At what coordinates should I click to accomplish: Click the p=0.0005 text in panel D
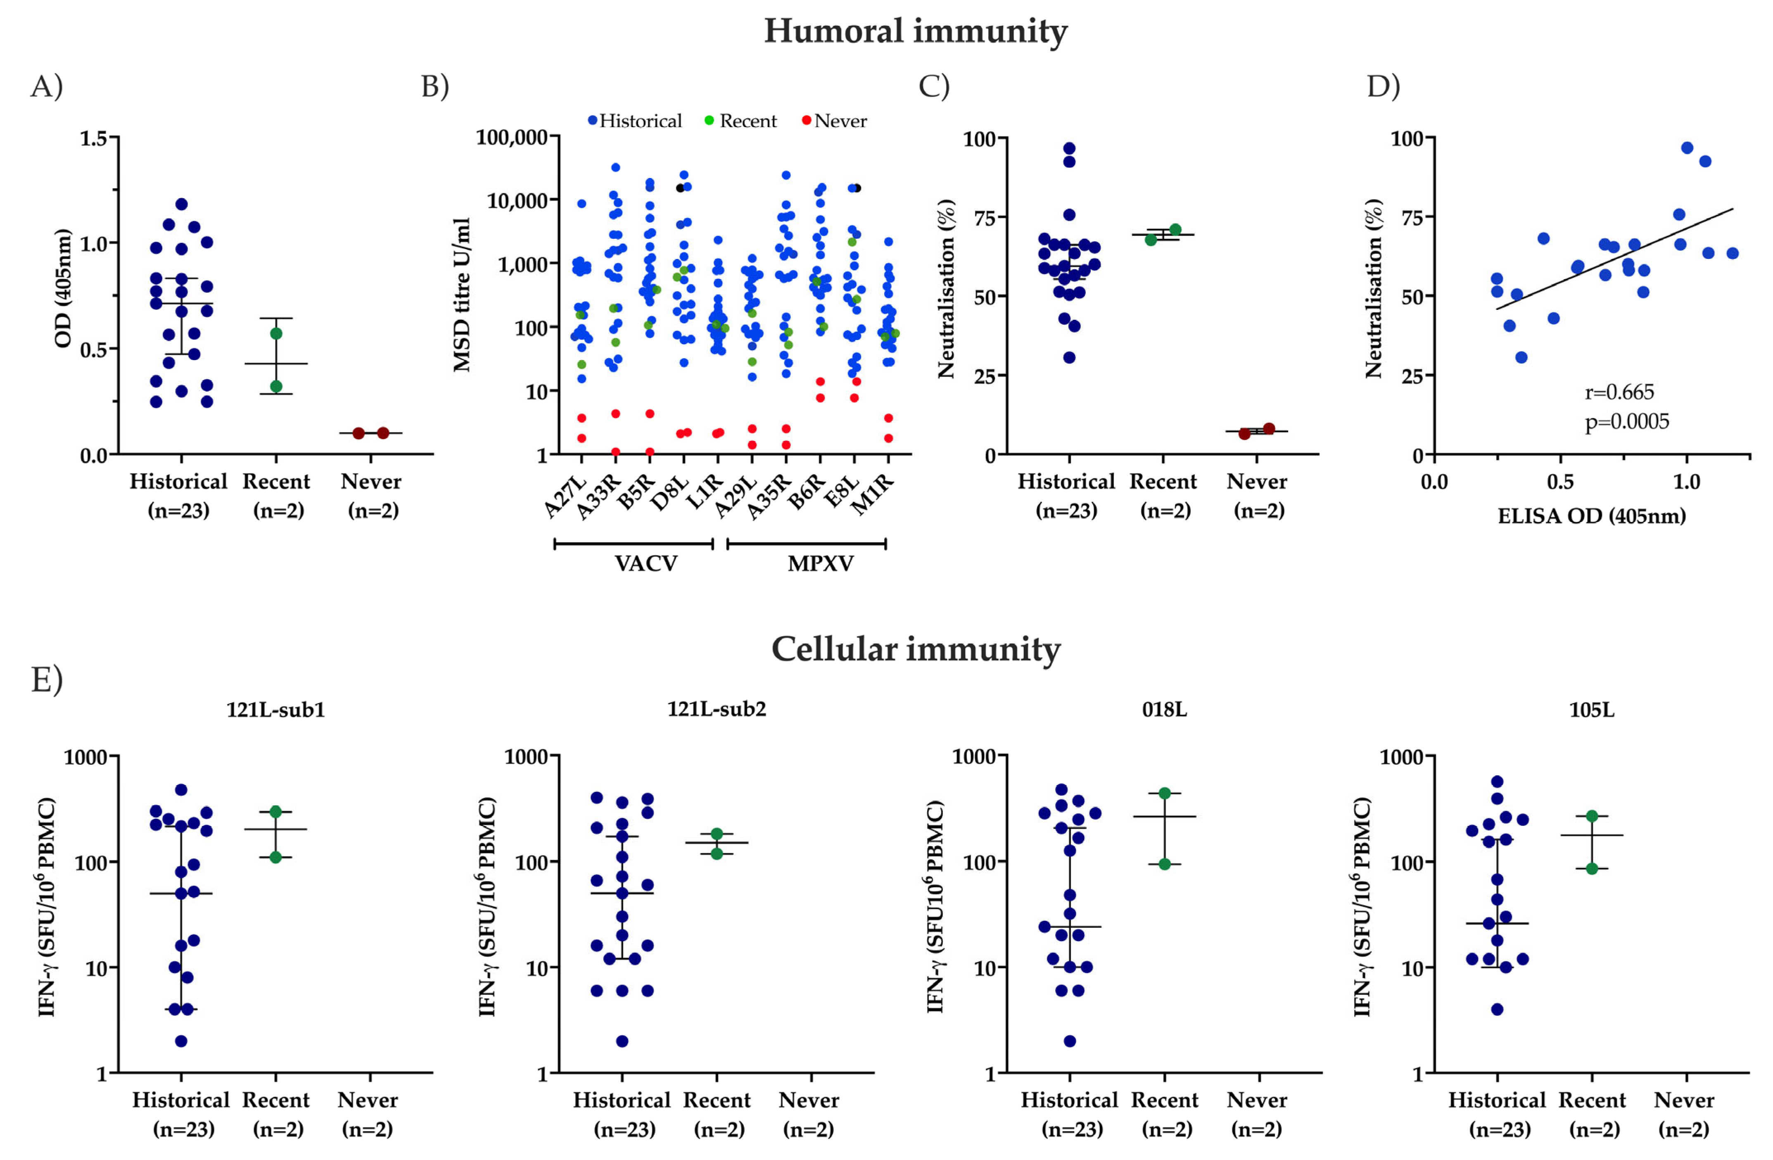pos(1626,422)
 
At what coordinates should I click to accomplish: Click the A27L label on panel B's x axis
pos(566,495)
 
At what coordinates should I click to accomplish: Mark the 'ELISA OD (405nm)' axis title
pos(1591,516)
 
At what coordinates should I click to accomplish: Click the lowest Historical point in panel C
pos(1069,358)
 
